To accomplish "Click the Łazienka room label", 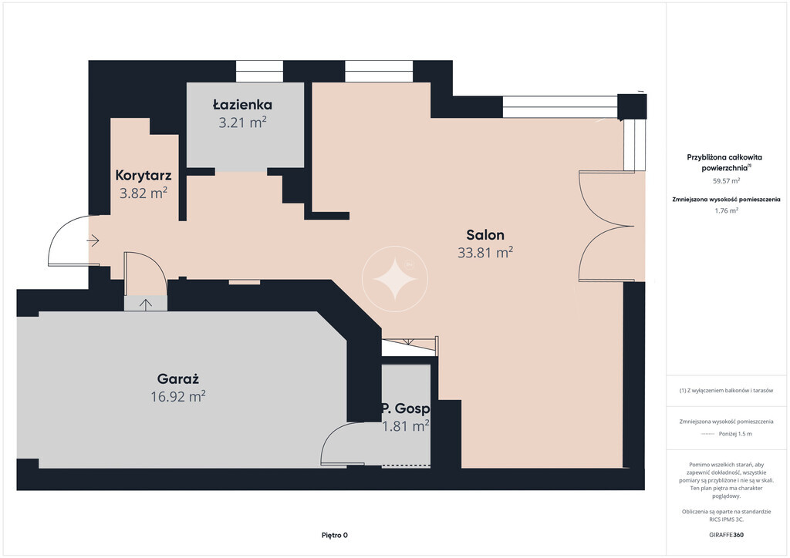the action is (242, 104).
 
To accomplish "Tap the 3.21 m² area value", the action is (242, 123).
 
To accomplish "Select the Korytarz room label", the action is (143, 175).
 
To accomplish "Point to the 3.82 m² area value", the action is (143, 193).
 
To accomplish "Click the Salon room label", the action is (485, 234).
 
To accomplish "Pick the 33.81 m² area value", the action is (485, 252).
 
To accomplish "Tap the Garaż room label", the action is (178, 379).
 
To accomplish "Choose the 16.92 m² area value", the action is (178, 396).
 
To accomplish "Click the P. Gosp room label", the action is (406, 408).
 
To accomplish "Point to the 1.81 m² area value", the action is (406, 426).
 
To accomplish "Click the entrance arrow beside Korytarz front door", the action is (93, 240).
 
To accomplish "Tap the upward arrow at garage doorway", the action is (146, 304).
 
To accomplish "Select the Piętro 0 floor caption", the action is (335, 536).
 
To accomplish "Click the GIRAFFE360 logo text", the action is (726, 535).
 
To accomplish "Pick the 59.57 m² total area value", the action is (726, 180).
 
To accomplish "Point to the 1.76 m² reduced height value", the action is (726, 211).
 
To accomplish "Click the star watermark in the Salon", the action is (395, 279).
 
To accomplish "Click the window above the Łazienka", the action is (259, 72).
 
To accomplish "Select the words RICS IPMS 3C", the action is (726, 519).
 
